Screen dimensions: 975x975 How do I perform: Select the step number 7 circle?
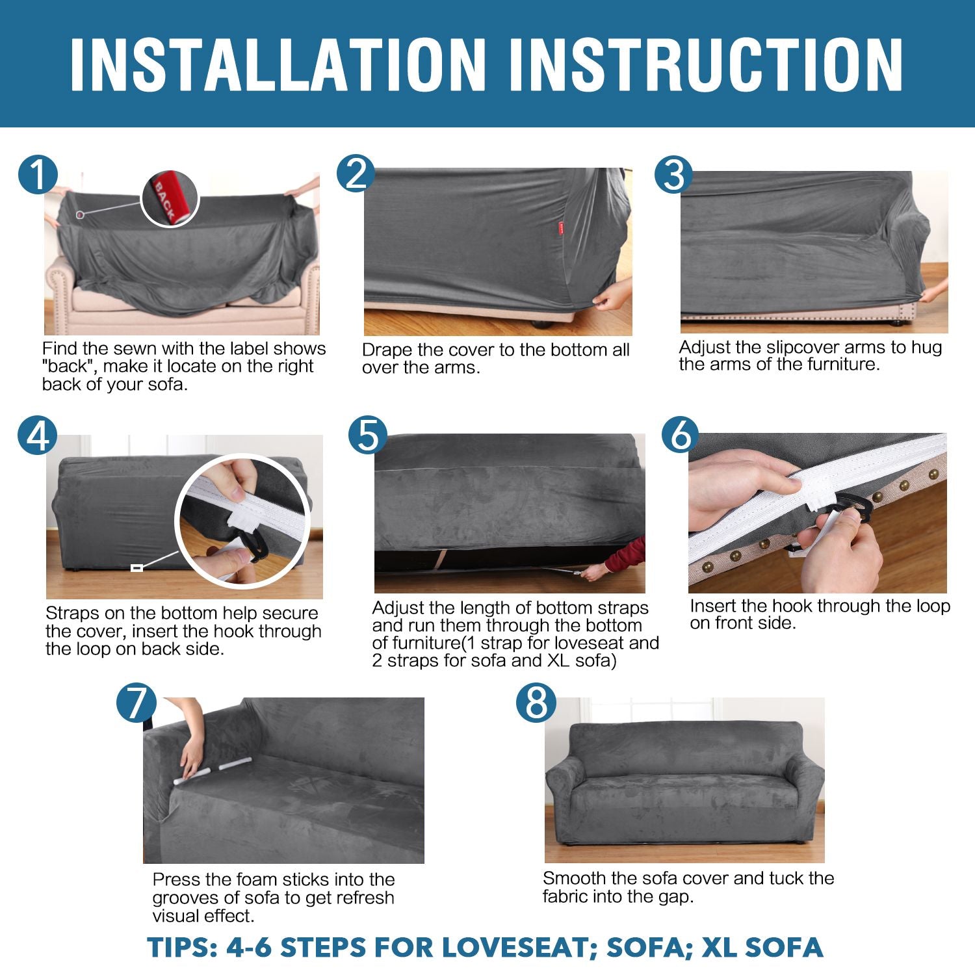click(136, 703)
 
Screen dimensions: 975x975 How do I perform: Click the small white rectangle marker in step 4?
click(136, 568)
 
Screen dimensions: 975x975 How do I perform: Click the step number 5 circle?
click(368, 435)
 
